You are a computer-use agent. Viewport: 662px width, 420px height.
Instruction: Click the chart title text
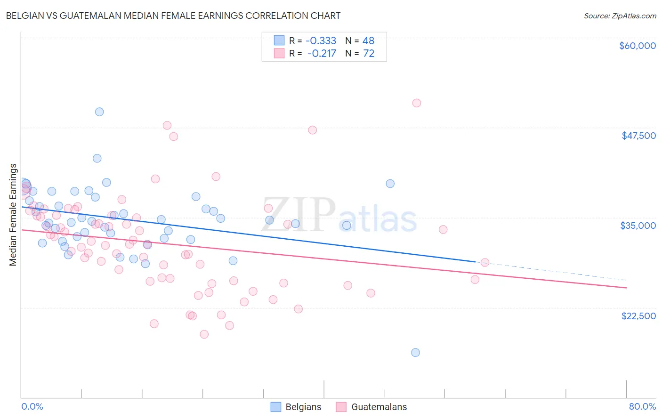(173, 16)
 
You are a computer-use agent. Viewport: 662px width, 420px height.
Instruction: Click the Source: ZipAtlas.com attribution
(620, 16)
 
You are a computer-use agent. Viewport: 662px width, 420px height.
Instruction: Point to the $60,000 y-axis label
(637, 46)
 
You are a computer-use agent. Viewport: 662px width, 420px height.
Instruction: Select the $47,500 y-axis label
(638, 136)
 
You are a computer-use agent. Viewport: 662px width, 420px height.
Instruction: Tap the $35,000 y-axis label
(638, 226)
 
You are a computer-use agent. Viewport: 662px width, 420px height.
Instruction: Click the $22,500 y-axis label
(638, 316)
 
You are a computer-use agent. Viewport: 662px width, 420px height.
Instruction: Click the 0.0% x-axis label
(32, 407)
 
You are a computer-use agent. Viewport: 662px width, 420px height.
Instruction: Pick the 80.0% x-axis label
(642, 407)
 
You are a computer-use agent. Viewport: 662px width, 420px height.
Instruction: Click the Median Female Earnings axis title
(13, 214)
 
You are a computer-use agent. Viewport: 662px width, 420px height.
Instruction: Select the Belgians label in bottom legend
(303, 407)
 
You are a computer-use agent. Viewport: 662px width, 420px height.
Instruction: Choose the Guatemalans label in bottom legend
(379, 407)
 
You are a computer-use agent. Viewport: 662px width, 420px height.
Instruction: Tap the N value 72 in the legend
(369, 54)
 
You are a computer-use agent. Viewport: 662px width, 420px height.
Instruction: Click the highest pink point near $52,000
(416, 103)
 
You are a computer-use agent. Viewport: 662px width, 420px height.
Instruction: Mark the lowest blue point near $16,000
(415, 353)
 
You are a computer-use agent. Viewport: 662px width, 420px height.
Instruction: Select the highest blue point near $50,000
(99, 112)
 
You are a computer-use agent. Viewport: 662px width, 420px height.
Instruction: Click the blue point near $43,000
(97, 158)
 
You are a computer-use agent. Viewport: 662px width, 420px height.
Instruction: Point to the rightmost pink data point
(484, 263)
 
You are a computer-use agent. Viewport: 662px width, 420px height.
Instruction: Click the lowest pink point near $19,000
(204, 334)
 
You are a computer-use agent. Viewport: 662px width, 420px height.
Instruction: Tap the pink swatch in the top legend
(279, 54)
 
